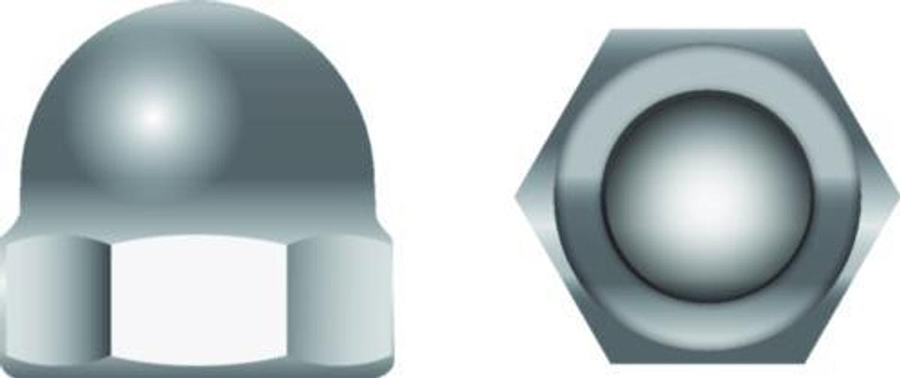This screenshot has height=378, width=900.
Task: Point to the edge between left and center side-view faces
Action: coord(109,300)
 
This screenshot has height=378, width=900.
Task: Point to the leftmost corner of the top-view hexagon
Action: coord(517,196)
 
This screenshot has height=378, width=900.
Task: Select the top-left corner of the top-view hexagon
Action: coord(612,31)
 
